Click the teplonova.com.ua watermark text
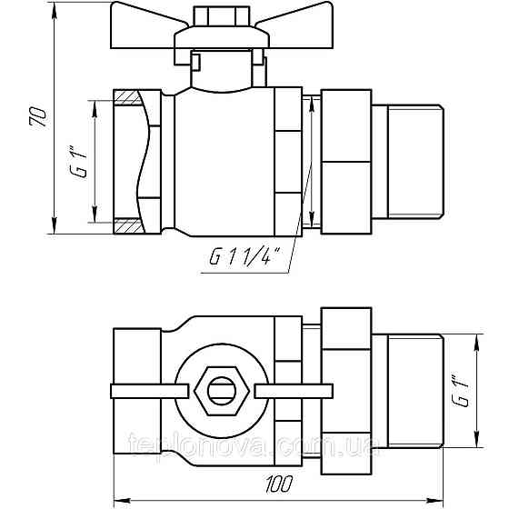pos(251,447)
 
